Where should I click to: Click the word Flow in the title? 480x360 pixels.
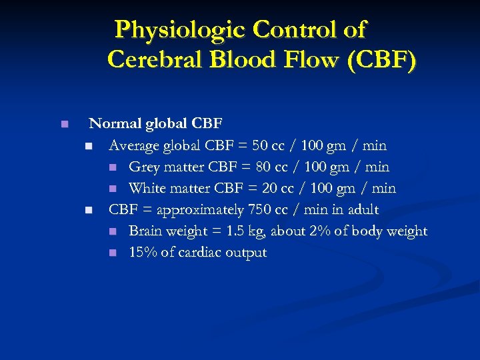point(305,59)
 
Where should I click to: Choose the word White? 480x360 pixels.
point(148,188)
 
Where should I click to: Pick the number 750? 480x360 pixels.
point(261,209)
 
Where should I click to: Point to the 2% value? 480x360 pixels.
point(327,231)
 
